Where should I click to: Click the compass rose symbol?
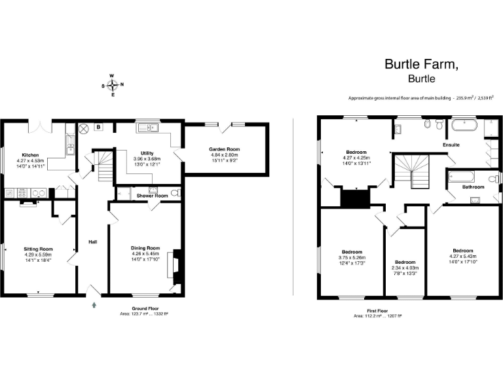[x=113, y=84]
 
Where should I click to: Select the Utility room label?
[x=147, y=153]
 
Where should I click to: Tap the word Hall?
[x=93, y=243]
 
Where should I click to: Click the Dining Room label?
[x=145, y=248]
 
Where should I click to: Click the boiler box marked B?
[x=98, y=126]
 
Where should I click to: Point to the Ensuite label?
[x=451, y=144]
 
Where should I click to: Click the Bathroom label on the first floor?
[x=473, y=187]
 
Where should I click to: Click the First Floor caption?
[x=377, y=312]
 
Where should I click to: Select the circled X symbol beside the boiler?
[x=84, y=128]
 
